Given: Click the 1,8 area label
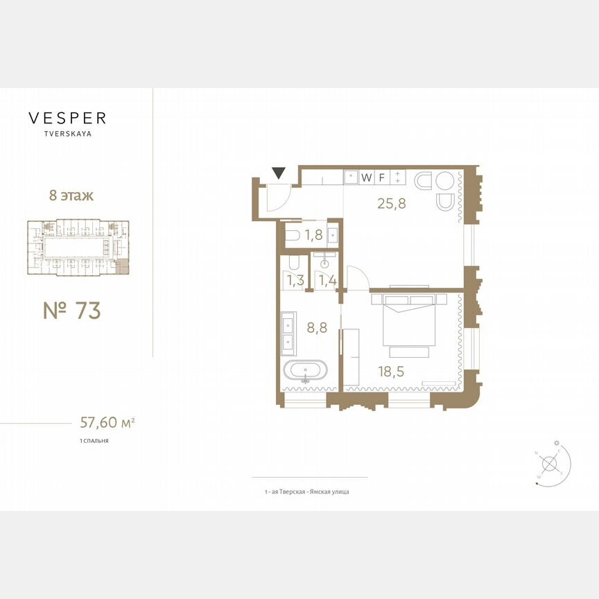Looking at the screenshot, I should pyautogui.click(x=313, y=235).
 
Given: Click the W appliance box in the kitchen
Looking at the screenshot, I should pyautogui.click(x=366, y=177).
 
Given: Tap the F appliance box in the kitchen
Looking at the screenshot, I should pyautogui.click(x=381, y=177).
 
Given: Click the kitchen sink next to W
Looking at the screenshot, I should pyautogui.click(x=351, y=177).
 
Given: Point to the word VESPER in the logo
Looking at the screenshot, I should pyautogui.click(x=67, y=118).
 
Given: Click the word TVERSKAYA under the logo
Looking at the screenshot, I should pyautogui.click(x=67, y=134).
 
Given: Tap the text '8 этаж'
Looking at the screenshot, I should pyautogui.click(x=71, y=196).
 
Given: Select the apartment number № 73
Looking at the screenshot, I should pyautogui.click(x=71, y=310).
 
